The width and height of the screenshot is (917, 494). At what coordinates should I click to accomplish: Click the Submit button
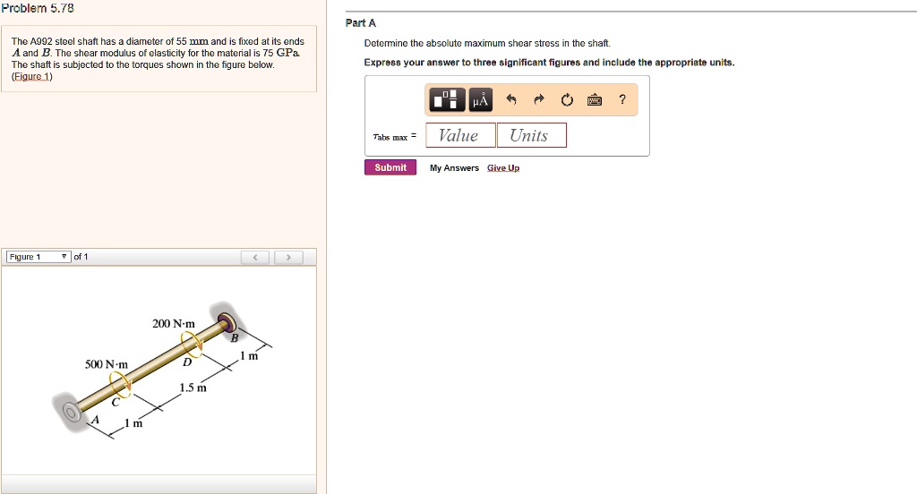tap(390, 167)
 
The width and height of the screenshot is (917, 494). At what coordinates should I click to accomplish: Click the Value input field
tap(460, 135)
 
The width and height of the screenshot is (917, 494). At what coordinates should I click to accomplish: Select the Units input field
tap(531, 135)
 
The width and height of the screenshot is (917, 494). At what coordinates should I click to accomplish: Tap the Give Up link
tap(503, 168)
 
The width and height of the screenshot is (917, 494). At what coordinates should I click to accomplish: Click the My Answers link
tap(454, 168)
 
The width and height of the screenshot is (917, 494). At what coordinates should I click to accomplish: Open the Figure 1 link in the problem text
tap(32, 77)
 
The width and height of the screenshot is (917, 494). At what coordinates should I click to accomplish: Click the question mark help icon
tap(621, 100)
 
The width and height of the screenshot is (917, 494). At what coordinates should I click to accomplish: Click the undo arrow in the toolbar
tap(511, 100)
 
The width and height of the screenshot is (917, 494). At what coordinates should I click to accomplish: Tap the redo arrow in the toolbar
tap(539, 100)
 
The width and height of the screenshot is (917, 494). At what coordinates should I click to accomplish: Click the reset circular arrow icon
tap(566, 100)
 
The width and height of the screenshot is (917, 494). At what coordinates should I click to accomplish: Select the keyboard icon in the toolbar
tap(593, 100)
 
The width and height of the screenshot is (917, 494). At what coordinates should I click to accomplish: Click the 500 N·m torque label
tap(107, 364)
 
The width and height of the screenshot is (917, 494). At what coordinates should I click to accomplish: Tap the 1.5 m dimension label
tap(193, 388)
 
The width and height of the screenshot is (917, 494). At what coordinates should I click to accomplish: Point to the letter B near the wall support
tap(235, 337)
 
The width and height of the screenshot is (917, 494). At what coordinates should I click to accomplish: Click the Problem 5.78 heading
tap(37, 7)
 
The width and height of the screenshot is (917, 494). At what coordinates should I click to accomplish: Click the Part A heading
tap(355, 23)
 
